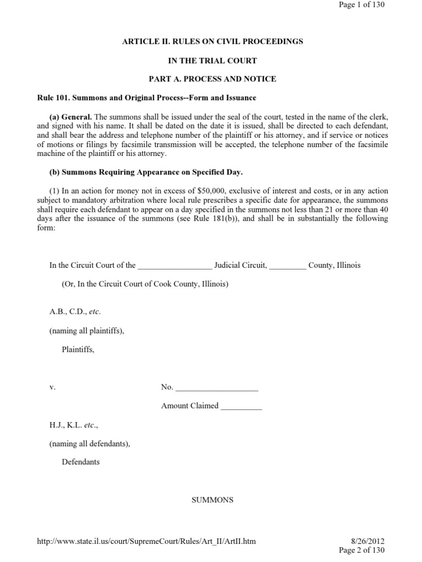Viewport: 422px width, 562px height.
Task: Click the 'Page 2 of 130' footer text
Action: click(x=362, y=550)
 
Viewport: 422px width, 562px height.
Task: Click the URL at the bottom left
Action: click(x=146, y=541)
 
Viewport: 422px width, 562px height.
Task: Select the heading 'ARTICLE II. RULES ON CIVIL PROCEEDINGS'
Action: click(x=212, y=42)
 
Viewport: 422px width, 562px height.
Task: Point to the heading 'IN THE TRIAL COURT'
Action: click(x=212, y=60)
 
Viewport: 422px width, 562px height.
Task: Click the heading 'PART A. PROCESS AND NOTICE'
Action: click(x=212, y=79)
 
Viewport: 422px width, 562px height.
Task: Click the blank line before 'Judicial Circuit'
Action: click(x=175, y=266)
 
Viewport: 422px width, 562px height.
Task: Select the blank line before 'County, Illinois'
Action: click(x=288, y=266)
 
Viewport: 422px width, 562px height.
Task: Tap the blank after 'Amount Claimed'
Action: click(x=241, y=407)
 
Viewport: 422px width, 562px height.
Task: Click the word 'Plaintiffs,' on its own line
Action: click(x=78, y=350)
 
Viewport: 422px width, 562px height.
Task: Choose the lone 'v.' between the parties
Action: click(x=52, y=387)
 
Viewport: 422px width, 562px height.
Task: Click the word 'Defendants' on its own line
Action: click(x=81, y=462)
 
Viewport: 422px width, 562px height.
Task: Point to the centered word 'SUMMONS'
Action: click(x=212, y=500)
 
